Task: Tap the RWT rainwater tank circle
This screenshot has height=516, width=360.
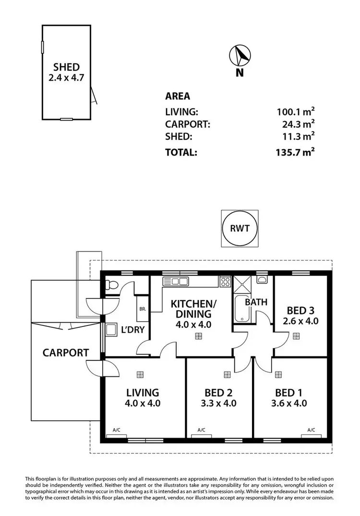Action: (240, 228)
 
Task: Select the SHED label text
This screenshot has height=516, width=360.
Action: (67, 67)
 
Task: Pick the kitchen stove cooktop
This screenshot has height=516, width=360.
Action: (225, 282)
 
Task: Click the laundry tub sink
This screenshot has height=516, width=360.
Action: (111, 330)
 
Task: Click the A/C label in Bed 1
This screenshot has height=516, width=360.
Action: (311, 430)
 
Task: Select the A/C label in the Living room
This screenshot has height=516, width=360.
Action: (116, 430)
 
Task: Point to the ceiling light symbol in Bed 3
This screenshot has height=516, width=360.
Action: (296, 336)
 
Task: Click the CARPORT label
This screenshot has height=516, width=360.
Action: (65, 353)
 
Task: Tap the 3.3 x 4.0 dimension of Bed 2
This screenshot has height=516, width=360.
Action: (219, 403)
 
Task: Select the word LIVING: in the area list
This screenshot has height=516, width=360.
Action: (181, 112)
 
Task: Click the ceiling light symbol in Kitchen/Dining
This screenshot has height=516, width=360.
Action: (198, 336)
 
